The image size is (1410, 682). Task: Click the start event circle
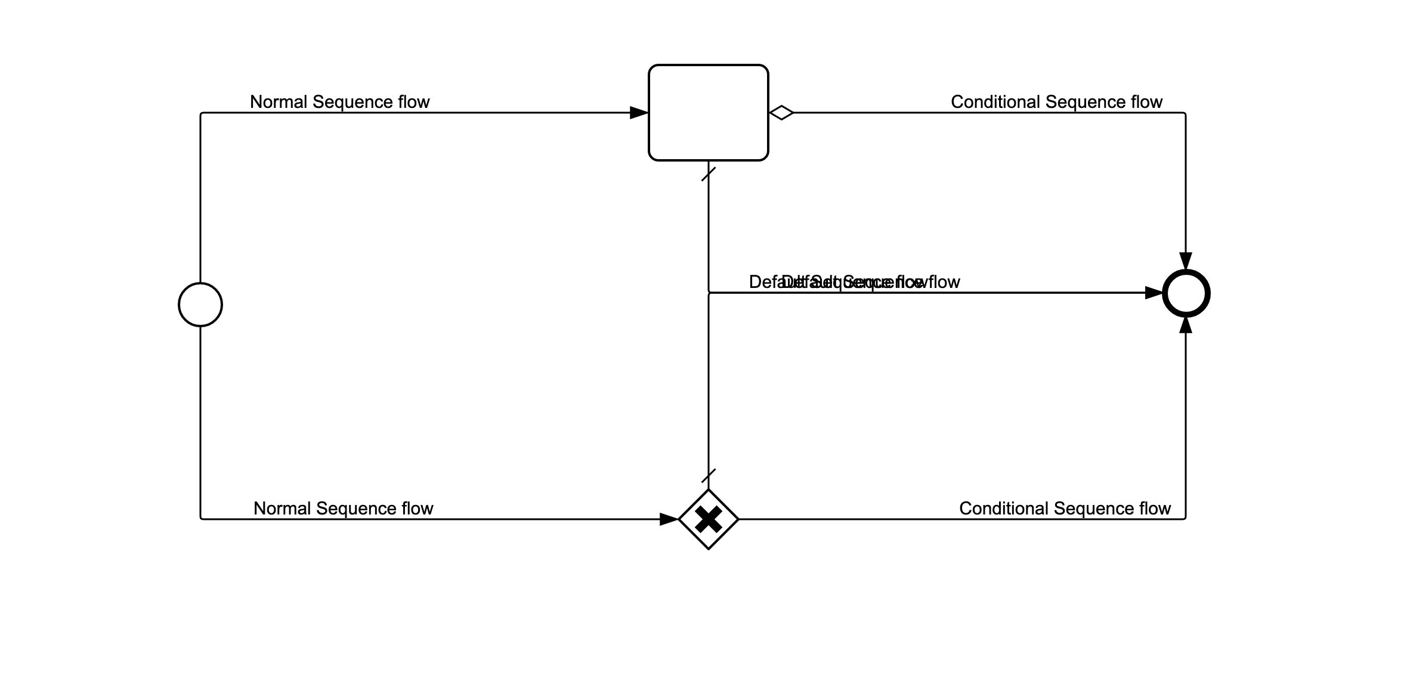coord(200,305)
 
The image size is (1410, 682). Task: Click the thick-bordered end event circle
coord(1186,293)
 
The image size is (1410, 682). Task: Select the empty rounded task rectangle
coord(708,113)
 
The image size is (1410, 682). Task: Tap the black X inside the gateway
coord(709,519)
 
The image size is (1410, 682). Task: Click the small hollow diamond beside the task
coord(781,113)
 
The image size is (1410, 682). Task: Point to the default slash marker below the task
coord(709,174)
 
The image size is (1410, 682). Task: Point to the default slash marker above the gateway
coord(709,476)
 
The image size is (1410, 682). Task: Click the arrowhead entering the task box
coord(639,113)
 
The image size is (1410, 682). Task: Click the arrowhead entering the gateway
coord(669,519)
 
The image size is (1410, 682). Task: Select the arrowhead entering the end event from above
coord(1186,261)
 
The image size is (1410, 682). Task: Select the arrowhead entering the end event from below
coord(1186,325)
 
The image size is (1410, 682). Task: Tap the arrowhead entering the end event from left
coord(1154,293)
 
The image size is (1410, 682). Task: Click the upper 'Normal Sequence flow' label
coord(339,102)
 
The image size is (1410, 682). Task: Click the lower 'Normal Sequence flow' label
coord(343,509)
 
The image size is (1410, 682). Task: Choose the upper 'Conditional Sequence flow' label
coord(1056,102)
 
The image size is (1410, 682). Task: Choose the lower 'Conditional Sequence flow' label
coord(1065,509)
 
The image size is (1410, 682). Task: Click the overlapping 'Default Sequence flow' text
coord(854,282)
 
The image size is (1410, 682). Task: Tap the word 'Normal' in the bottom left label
coord(282,509)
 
